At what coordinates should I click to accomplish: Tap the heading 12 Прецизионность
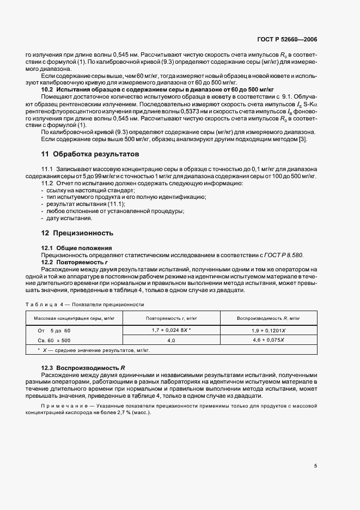pyautogui.click(x=77, y=233)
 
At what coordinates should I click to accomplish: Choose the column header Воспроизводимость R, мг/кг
pyautogui.click(x=269, y=318)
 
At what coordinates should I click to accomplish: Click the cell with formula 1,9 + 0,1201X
pyautogui.click(x=269, y=331)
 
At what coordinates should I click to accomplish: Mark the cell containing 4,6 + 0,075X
pyautogui.click(x=269, y=339)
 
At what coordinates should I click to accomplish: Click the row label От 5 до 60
pyautogui.click(x=53, y=331)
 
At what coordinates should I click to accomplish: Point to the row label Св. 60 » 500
pyautogui.click(x=53, y=339)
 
